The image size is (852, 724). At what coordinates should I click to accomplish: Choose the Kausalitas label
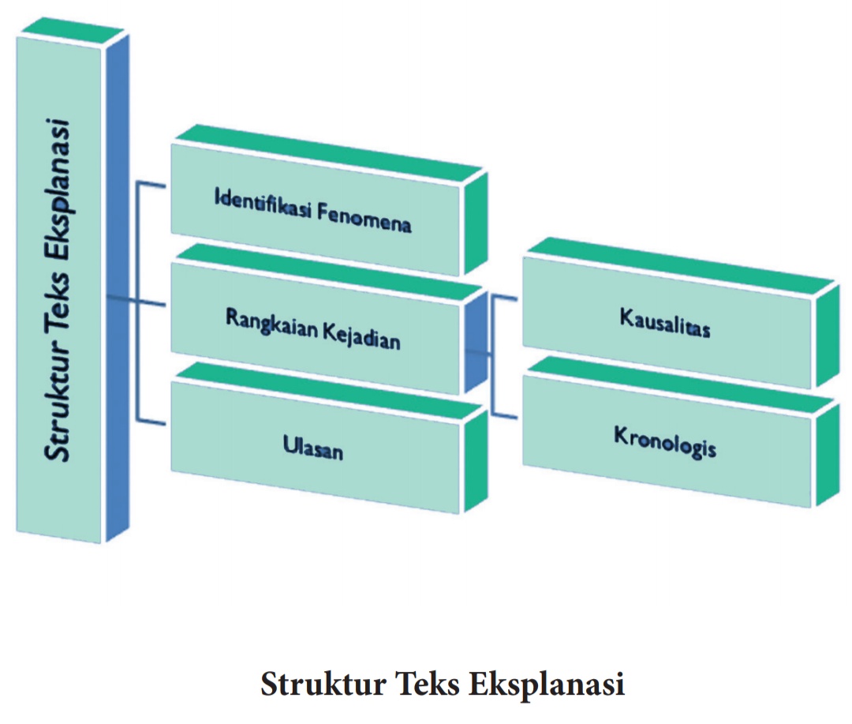point(664,324)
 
